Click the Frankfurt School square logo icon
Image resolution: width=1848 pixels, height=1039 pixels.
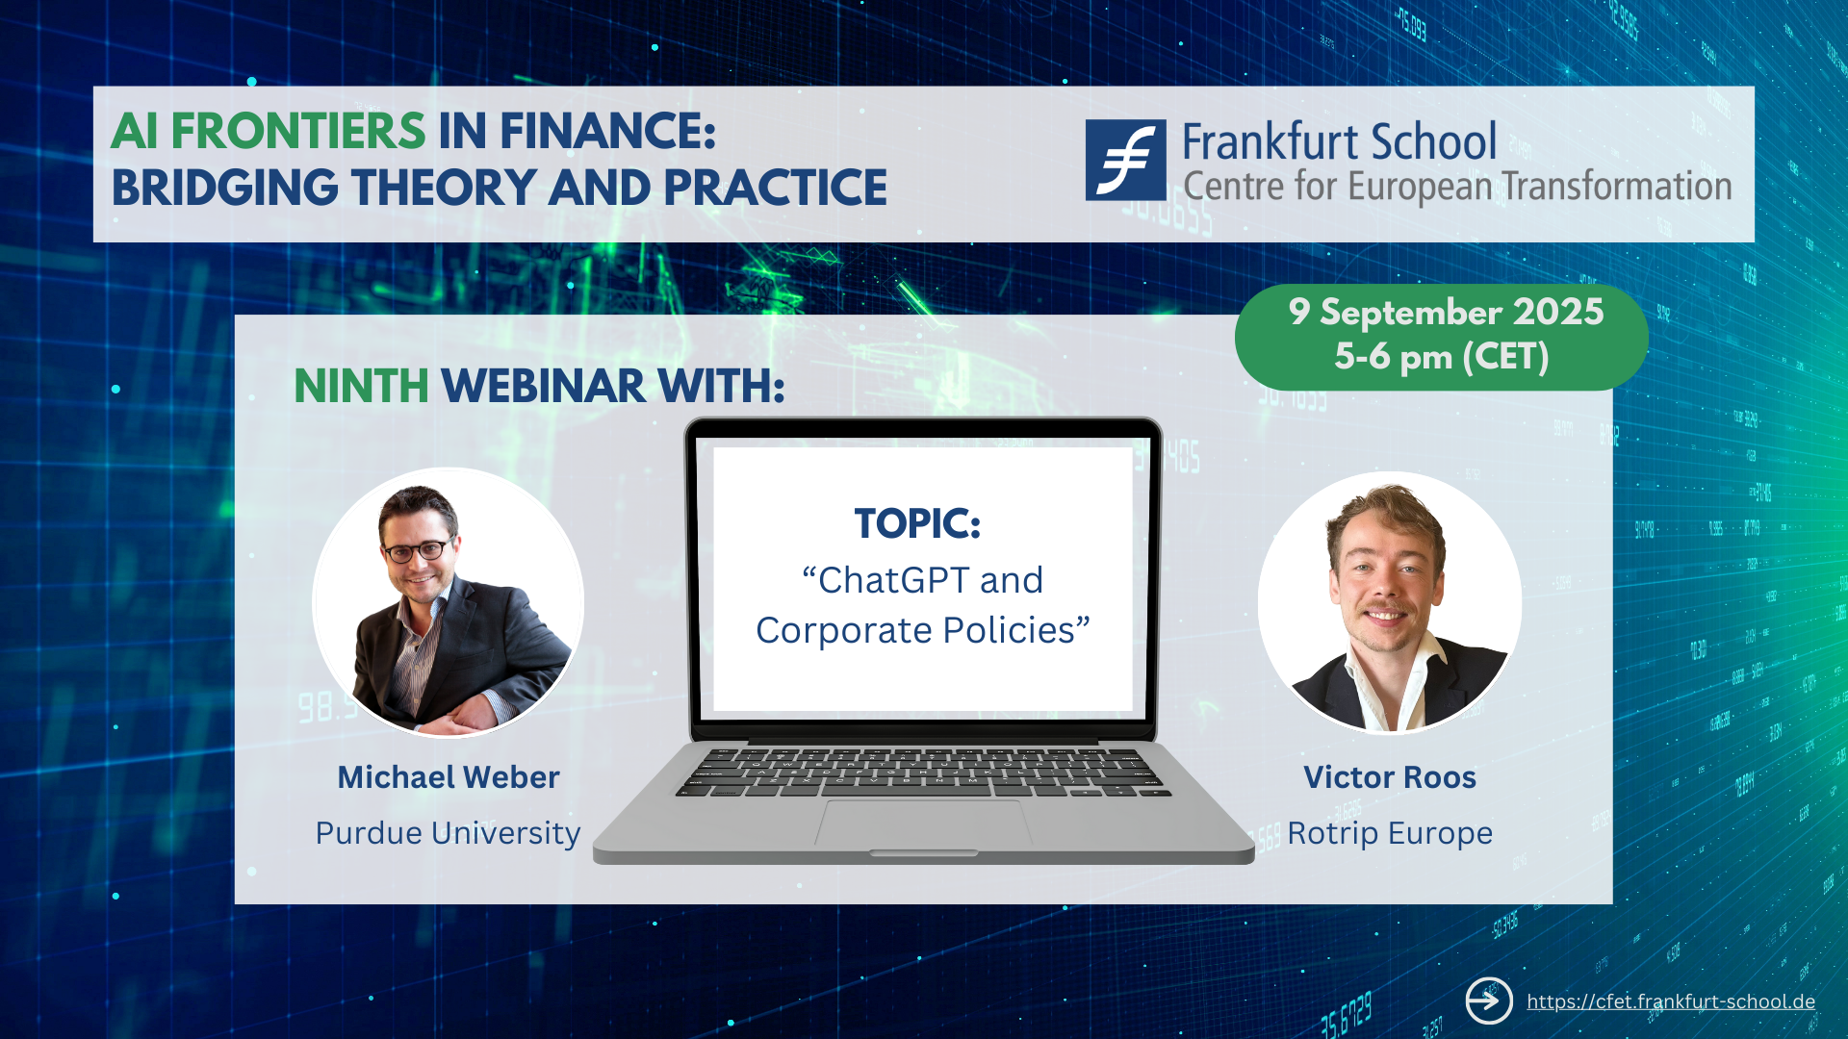(x=1125, y=160)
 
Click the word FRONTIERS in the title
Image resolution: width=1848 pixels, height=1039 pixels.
(x=298, y=131)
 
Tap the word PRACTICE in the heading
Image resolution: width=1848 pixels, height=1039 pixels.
(x=775, y=188)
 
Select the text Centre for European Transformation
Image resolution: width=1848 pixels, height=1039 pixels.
(x=1457, y=187)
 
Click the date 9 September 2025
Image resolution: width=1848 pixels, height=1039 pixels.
(x=1446, y=312)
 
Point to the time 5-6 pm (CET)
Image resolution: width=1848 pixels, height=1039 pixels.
(x=1442, y=357)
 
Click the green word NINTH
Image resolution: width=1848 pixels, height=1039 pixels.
(x=361, y=387)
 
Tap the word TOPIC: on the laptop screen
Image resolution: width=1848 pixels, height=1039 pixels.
(x=917, y=524)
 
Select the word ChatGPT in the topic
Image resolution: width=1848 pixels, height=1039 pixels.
(x=894, y=580)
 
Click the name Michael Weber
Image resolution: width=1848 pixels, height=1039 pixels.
(x=449, y=777)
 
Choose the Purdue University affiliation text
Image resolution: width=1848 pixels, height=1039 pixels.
(x=449, y=833)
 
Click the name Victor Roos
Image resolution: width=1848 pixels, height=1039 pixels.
(x=1390, y=777)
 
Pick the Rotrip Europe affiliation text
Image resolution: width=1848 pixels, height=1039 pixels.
(x=1390, y=833)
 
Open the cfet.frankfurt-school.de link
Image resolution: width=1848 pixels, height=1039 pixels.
(x=1671, y=1001)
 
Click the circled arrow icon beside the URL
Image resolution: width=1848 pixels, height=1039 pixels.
(x=1489, y=1001)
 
